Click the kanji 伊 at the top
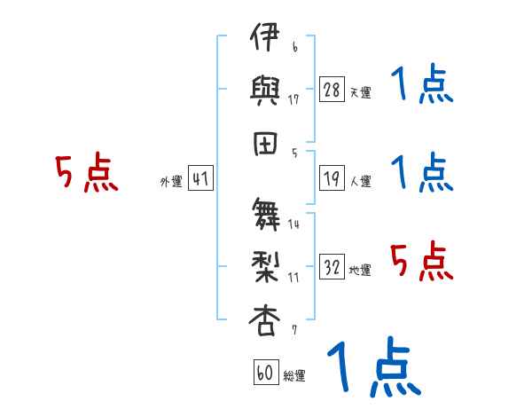264,36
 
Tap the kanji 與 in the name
264,90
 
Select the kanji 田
265,144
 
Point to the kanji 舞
266,214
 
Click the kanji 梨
265,267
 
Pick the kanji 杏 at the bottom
264,320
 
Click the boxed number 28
332,89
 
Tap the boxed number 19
332,178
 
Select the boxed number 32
332,266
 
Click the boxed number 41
200,178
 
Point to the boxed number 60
266,372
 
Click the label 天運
361,92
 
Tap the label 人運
361,181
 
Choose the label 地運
360,270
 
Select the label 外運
171,182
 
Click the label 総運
294,375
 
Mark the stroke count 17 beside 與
293,99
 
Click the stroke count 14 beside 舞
293,224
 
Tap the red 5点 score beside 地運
422,261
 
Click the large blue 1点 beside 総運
374,366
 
